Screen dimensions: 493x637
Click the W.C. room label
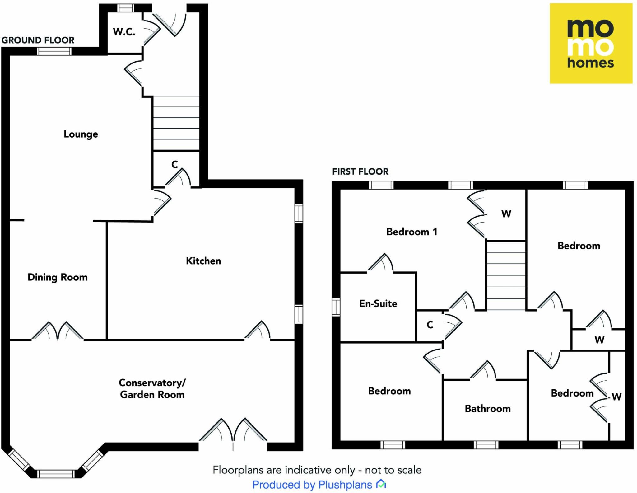coord(124,32)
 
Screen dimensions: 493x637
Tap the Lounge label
coord(81,134)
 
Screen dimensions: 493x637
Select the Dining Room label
coord(58,277)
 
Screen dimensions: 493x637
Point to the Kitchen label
coord(203,261)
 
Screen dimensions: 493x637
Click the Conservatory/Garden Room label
coord(152,388)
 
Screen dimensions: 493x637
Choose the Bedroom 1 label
coord(412,232)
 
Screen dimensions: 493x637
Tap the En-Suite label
coord(378,303)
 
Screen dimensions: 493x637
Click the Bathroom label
coord(488,408)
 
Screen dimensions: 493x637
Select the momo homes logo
coord(591,44)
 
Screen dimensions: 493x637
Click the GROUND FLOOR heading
coord(38,40)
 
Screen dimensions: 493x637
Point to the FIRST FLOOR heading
coord(360,171)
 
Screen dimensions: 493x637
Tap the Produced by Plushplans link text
coord(312,485)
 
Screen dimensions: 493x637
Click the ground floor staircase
coord(176,123)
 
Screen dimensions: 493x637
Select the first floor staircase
coord(506,275)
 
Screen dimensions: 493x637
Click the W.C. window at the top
coord(125,8)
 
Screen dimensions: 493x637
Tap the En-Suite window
coord(336,307)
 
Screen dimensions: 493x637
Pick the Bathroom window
coord(486,445)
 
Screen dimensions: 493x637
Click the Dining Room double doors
coord(58,331)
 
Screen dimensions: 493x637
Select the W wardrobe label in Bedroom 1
coord(506,214)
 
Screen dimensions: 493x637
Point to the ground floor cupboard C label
coord(175,164)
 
